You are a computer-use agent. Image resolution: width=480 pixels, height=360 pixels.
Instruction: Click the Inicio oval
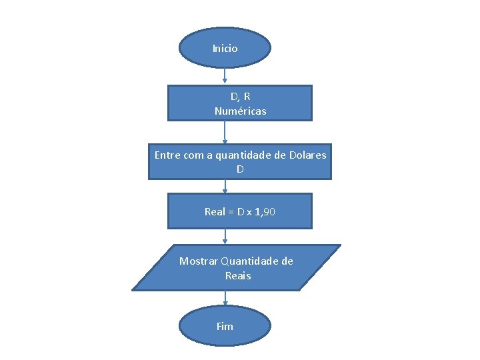(x=225, y=48)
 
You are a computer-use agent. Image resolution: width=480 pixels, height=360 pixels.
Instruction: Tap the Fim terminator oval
(x=225, y=326)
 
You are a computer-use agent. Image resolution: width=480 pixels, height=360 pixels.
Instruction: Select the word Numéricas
(x=240, y=111)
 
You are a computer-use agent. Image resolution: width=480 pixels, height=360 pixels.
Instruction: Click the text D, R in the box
(x=240, y=97)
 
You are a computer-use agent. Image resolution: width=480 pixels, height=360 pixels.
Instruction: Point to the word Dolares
(x=308, y=155)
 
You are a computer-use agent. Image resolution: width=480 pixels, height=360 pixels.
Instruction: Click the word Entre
(x=167, y=155)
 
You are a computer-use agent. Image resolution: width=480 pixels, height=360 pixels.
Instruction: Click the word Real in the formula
(x=215, y=212)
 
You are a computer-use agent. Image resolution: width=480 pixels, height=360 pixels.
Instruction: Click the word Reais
(x=238, y=275)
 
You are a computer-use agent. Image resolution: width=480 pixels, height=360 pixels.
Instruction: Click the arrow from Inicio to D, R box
(x=225, y=76)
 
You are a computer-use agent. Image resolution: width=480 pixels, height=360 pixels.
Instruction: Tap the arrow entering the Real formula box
(x=225, y=187)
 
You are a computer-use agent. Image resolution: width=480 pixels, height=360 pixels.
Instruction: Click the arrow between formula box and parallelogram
(x=225, y=237)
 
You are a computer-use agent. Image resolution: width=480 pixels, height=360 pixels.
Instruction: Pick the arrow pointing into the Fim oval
(x=225, y=299)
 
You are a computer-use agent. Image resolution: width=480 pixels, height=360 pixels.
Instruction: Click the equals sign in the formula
(x=231, y=212)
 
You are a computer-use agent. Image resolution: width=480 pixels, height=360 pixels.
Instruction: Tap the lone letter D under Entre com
(x=240, y=169)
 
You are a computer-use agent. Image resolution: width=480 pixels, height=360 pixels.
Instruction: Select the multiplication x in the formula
(x=249, y=212)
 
